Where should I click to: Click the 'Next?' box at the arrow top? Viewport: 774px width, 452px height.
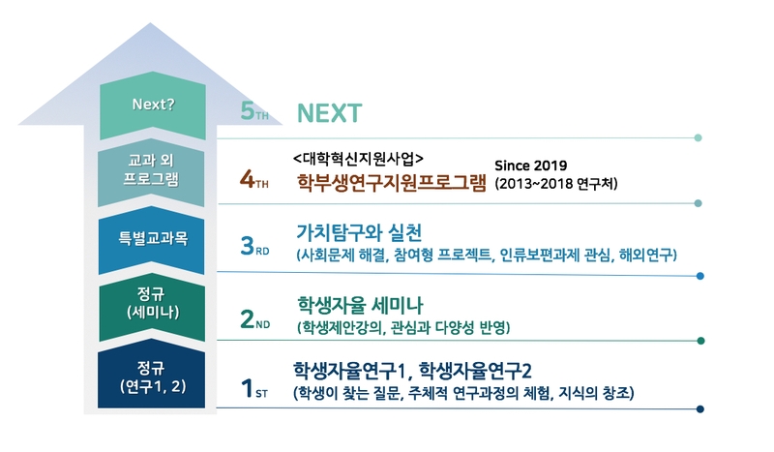pos(153,105)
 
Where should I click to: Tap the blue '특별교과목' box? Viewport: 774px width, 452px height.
pos(152,240)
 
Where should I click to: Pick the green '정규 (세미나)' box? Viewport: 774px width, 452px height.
pos(152,306)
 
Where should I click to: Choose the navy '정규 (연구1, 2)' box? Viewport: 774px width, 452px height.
pos(152,376)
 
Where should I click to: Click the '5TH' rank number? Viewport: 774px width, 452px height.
pos(254,111)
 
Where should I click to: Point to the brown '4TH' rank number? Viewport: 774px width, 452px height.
pos(254,179)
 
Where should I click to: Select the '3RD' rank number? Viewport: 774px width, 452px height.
pos(254,246)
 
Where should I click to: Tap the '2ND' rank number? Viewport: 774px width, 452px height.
pos(254,319)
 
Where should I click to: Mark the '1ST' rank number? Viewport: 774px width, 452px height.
pos(254,388)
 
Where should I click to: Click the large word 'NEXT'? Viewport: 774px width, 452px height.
pos(329,113)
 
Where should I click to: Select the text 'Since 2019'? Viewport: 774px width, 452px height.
pos(530,166)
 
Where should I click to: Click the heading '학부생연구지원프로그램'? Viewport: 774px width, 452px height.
pos(392,183)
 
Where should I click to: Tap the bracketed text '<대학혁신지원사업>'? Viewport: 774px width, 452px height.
pos(358,159)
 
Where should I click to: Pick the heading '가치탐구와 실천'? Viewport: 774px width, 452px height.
pos(359,232)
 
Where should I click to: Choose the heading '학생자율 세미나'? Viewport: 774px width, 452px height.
pos(360,305)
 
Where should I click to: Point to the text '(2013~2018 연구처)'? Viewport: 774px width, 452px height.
pos(555,184)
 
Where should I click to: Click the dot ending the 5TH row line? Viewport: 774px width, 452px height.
pos(698,137)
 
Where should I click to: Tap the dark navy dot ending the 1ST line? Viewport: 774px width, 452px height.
pos(700,409)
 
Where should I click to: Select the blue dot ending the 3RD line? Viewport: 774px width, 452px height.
pos(700,276)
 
